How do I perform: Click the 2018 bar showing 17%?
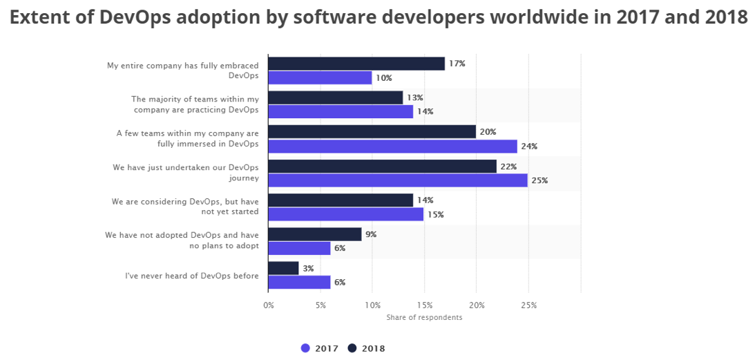coord(356,64)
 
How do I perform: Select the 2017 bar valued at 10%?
coord(319,77)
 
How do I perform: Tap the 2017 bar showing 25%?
coord(397,180)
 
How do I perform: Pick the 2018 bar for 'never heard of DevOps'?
coord(283,268)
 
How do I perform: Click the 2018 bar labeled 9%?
coord(314,234)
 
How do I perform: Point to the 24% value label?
coord(529,146)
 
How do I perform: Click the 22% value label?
coord(508,167)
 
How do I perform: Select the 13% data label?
coord(414,98)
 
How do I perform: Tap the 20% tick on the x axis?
coord(476,305)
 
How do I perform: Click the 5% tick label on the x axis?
coord(320,305)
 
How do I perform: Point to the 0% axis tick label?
coord(268,305)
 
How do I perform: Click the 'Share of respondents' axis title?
coord(424,317)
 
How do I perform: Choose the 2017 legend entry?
coord(321,348)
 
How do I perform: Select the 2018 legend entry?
coord(367,348)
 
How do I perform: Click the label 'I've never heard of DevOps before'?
coord(191,276)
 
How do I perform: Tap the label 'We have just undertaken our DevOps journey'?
coord(185,173)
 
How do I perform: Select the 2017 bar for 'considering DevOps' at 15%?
coord(345,214)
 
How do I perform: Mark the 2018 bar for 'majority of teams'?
coord(335,98)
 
